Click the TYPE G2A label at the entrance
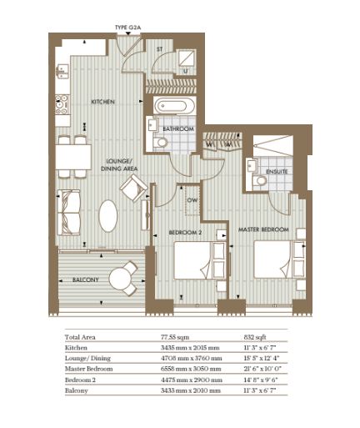pos(128,28)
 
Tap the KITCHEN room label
pos(102,102)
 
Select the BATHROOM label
pos(178,129)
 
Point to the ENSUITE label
pos(277,172)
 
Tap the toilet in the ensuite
pos(259,181)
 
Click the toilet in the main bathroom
pos(160,143)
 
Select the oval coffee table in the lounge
pos(108,216)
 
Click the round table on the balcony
pos(120,279)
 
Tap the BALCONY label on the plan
pos(86,279)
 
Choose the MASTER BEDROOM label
pos(263,229)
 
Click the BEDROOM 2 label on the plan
pos(185,233)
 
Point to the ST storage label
pos(159,49)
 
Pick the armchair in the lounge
pos(133,188)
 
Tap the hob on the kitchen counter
pos(62,105)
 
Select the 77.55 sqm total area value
pos(175,337)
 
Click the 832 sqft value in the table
pos(255,337)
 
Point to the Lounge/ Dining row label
pos(87,358)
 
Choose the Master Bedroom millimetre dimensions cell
pos(191,369)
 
